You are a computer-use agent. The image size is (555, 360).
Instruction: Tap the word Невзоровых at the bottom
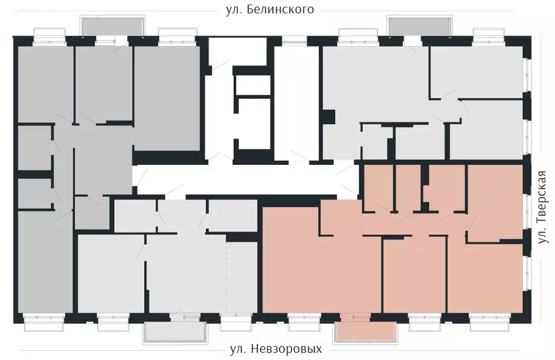pos(291,349)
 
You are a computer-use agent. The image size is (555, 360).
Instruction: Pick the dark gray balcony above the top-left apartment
pos(113,25)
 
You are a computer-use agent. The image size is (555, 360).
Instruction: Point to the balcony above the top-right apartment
pos(418,25)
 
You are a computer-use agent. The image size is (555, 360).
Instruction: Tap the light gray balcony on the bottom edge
pos(176,331)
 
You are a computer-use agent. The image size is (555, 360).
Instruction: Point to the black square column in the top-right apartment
pos(328,117)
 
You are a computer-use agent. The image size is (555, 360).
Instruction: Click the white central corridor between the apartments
pos(244,179)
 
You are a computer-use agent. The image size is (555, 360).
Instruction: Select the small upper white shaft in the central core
pos(252,85)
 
